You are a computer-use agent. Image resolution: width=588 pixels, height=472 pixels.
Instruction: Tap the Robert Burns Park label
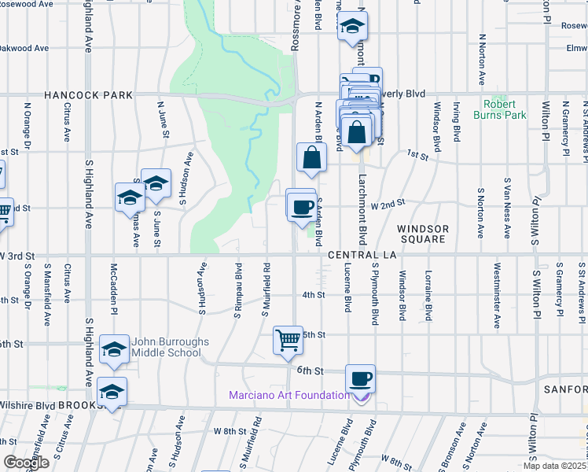[x=500, y=109]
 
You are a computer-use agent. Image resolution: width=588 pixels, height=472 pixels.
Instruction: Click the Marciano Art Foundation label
[x=289, y=395]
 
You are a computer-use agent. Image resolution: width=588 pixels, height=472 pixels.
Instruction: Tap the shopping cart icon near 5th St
[x=288, y=341]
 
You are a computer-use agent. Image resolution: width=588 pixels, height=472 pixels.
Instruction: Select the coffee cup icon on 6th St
[x=360, y=379]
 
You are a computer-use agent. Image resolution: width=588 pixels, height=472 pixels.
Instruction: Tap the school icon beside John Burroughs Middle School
[x=114, y=349]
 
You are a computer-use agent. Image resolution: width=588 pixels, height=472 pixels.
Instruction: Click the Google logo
[x=26, y=463]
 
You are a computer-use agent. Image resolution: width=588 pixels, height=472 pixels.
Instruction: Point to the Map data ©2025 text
[x=553, y=466]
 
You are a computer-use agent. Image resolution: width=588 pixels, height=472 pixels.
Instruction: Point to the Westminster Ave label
[x=497, y=300]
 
